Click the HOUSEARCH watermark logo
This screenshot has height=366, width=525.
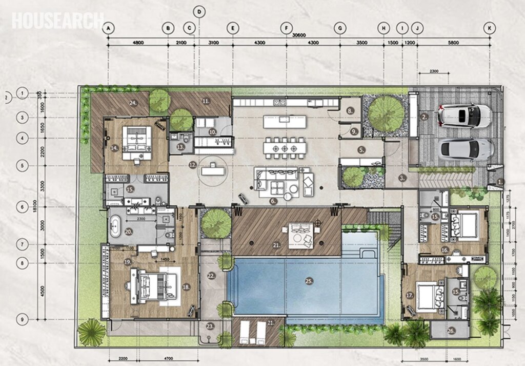point(57,20)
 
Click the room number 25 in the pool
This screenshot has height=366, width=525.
point(309,281)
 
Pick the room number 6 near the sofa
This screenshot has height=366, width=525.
point(273,202)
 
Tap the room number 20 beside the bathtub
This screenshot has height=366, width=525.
point(128,232)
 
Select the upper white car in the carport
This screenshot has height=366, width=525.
point(465,115)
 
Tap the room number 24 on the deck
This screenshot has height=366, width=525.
point(133,103)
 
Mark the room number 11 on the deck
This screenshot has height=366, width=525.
point(206,101)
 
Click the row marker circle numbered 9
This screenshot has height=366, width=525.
point(22,319)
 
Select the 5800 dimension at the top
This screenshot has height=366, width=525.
point(453,43)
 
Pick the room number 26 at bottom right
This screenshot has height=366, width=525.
point(451,331)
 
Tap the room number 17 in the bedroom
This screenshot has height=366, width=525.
point(409,296)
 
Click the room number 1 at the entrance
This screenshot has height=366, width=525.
point(501,181)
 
